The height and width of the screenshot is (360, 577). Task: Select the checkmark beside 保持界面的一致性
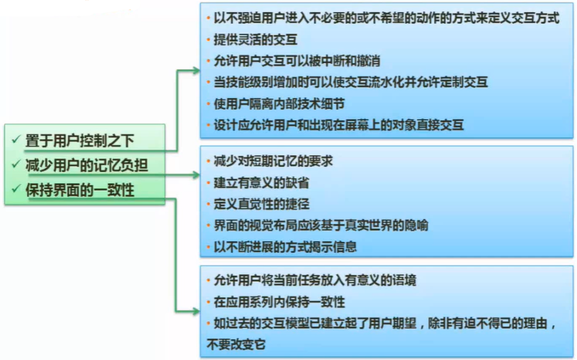pos(16,189)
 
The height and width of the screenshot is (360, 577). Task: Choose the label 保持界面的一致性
pos(80,190)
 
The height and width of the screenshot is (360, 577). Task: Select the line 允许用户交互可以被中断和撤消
pos(297,61)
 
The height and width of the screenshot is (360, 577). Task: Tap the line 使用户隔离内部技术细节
pos(279,104)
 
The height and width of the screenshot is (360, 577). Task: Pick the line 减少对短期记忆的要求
pos(273,161)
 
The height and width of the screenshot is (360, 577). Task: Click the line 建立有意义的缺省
pos(261,183)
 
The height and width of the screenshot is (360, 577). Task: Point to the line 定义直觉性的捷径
pos(261,204)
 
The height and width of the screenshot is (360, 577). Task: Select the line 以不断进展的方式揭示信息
pos(285,247)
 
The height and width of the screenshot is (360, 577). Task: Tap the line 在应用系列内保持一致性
pos(279,302)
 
